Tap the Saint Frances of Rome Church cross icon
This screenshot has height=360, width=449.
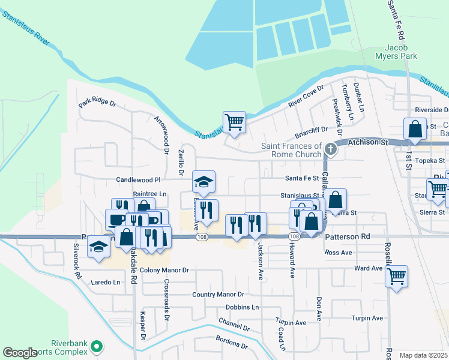point(330,148)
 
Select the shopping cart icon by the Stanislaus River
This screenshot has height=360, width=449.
point(234,122)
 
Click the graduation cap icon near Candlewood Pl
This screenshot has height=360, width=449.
point(203,182)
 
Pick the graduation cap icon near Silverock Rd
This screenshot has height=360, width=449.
point(98,247)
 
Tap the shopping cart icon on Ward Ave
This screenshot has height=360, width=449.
point(396,276)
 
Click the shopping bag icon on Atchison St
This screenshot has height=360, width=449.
point(415,129)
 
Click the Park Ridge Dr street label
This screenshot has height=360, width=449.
point(97,103)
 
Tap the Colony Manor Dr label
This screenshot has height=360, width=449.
point(164,271)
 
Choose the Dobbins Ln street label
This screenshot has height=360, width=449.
point(243,307)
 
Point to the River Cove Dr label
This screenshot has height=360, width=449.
point(306,96)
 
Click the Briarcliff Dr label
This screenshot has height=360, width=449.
point(311,132)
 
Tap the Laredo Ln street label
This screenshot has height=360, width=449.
point(106,281)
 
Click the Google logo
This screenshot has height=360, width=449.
point(20,353)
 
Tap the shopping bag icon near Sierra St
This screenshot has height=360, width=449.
point(336,199)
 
